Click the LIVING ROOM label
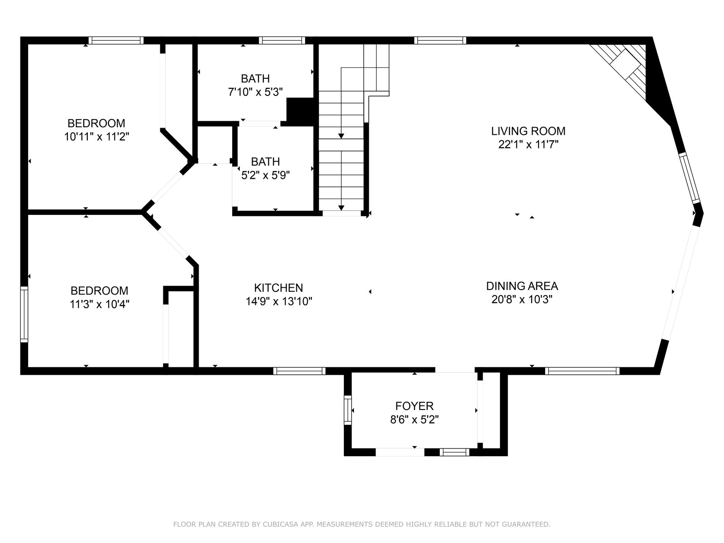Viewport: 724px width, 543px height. (528, 131)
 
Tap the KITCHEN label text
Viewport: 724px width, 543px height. (278, 288)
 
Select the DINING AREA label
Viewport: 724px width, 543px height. (522, 286)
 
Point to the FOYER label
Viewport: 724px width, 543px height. (414, 406)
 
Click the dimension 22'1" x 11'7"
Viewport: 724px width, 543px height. (528, 145)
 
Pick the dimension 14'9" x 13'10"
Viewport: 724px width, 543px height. (279, 301)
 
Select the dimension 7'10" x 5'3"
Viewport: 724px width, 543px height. (255, 92)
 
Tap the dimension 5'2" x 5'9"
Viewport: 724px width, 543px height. (266, 175)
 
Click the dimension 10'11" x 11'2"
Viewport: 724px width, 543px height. (96, 137)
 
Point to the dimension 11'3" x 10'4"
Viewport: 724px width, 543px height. (99, 304)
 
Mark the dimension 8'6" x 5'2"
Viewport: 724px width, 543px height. (414, 420)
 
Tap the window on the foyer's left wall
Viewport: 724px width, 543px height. (348, 410)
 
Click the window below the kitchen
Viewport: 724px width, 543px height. (300, 371)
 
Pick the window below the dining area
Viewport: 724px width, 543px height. (582, 371)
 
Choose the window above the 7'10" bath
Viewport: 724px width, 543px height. (282, 41)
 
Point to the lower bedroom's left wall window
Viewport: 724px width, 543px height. (24, 314)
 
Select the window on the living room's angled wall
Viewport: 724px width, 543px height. (689, 178)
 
